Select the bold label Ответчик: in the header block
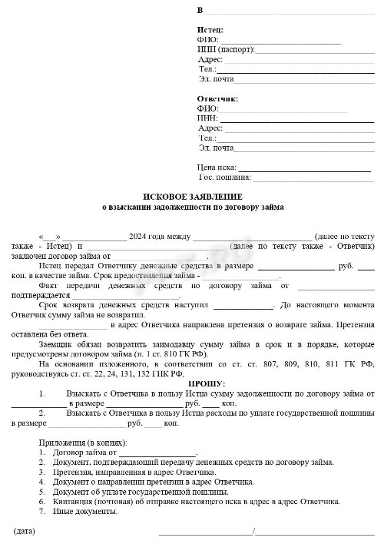218,99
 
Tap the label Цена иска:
217,167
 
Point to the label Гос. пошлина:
225,177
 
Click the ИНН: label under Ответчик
207,118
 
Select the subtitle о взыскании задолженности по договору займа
193,207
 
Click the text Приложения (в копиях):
82,443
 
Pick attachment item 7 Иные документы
84,512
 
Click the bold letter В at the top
200,10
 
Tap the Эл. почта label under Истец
216,78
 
